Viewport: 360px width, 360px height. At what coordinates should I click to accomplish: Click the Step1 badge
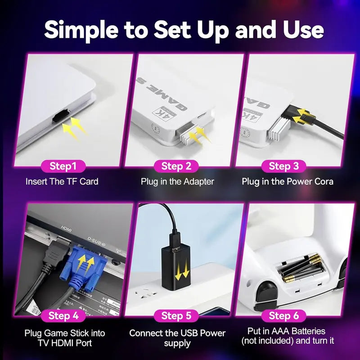(x=63, y=166)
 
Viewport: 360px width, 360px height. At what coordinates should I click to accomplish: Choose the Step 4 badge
(x=63, y=315)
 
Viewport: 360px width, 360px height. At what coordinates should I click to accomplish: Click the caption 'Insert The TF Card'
(x=62, y=182)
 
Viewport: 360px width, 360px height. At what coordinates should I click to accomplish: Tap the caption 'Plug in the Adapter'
(x=177, y=182)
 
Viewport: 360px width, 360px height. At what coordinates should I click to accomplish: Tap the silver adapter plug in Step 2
(x=186, y=135)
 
